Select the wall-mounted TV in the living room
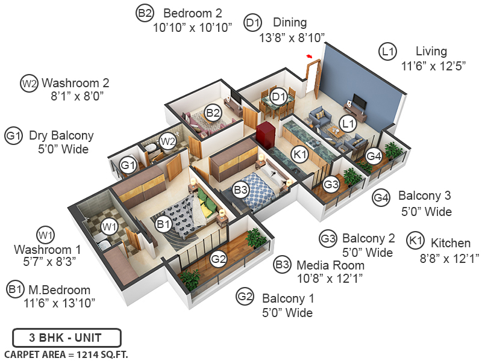[x=357, y=100]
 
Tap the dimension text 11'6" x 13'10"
[x=60, y=303]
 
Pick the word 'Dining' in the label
[x=290, y=23]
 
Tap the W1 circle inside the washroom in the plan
[x=109, y=227]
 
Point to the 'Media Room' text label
[x=330, y=265]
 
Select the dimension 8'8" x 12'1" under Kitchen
[x=443, y=258]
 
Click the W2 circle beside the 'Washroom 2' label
[x=29, y=83]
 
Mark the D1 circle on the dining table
[x=278, y=97]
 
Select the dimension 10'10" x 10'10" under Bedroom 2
[x=192, y=28]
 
